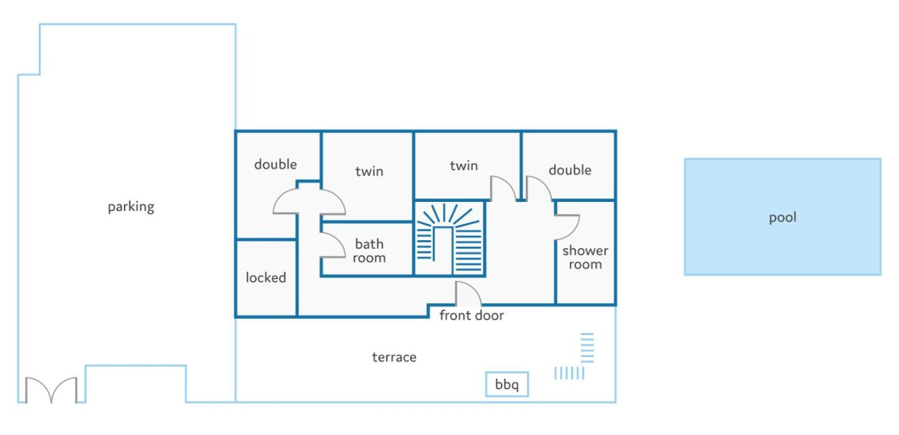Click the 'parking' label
(x=131, y=207)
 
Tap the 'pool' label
(x=782, y=217)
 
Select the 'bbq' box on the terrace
(x=507, y=384)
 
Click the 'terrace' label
(x=394, y=356)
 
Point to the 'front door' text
(x=472, y=316)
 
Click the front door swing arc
(x=474, y=288)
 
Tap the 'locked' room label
(x=266, y=277)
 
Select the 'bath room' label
(x=369, y=251)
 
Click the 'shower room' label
(x=585, y=258)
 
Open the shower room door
(x=575, y=230)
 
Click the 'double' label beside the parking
(x=275, y=164)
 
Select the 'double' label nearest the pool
(x=570, y=169)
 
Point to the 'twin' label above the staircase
(x=464, y=166)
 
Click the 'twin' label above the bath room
(x=369, y=171)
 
